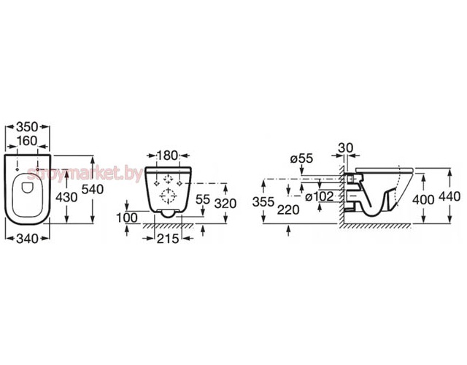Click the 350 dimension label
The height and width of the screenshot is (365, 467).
(27, 127)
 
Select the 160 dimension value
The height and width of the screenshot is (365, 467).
(27, 141)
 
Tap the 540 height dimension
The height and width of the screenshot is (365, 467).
(93, 189)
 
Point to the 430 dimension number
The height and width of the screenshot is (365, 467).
(66, 197)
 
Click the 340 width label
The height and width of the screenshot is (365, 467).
(28, 239)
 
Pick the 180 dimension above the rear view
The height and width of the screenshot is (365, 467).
(167, 155)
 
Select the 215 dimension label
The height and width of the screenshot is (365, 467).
(168, 239)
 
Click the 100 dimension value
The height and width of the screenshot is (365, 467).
(127, 218)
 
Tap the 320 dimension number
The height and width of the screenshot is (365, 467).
(225, 204)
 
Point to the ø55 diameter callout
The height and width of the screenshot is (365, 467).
(301, 158)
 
